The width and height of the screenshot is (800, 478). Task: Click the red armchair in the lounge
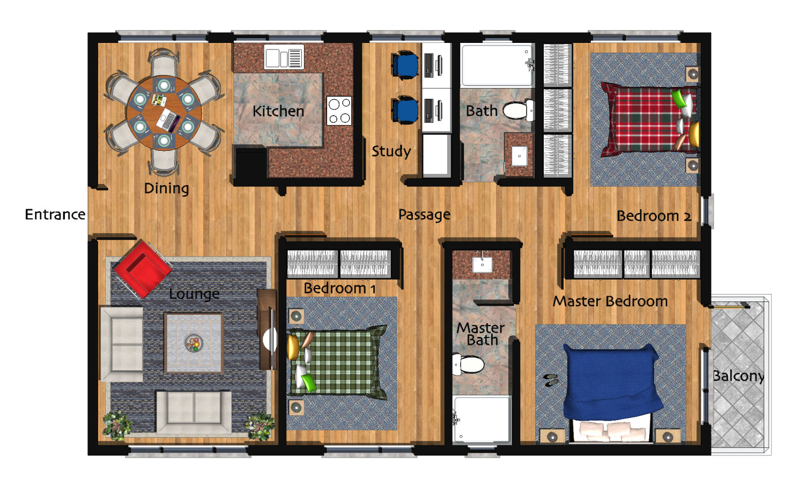point(143,269)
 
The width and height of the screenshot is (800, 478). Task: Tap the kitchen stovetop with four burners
point(339,111)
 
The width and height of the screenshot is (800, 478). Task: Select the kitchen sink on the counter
point(284,56)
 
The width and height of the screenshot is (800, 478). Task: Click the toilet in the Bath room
point(518,111)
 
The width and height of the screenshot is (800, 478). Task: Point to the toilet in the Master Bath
point(468,364)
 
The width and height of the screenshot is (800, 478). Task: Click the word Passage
point(424,215)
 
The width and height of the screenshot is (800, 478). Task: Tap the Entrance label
point(55,215)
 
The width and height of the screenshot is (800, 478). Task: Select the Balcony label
point(738,376)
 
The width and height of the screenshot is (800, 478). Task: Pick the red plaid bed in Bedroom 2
point(649,120)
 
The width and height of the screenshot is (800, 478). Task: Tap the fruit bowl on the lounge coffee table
point(194,343)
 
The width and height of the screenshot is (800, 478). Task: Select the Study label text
point(391,151)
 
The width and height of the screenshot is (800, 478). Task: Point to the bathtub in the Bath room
point(497,65)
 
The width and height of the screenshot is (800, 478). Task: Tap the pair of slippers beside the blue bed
point(551,380)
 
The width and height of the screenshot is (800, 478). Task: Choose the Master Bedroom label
point(610,301)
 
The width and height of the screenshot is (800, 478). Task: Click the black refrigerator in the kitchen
point(251,165)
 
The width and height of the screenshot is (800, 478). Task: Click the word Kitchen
point(278,111)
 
